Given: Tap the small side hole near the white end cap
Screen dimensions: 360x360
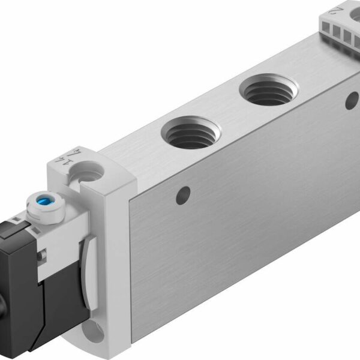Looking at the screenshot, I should (184, 194).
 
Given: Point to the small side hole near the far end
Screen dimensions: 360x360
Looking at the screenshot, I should (352, 100).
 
